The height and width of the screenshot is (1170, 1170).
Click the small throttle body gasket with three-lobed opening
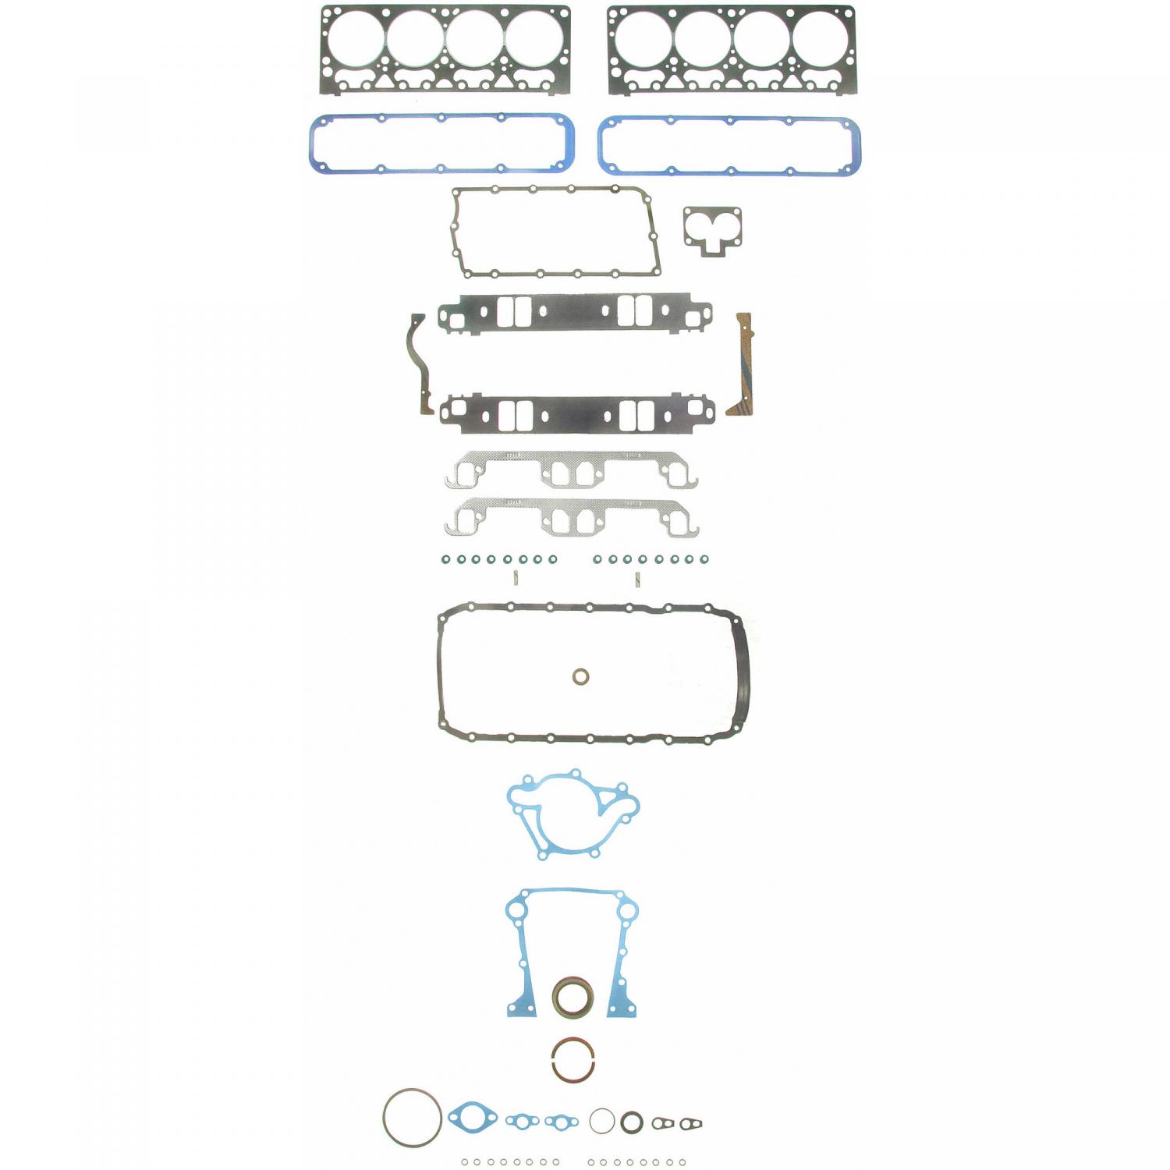(712, 222)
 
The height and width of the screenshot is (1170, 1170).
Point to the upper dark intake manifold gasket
(575, 312)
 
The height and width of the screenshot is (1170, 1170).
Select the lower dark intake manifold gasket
(576, 414)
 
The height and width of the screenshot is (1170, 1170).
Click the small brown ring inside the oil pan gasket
(580, 676)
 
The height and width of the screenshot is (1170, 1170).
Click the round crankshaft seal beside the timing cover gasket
(573, 997)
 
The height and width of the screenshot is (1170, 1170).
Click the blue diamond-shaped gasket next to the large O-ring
(472, 1118)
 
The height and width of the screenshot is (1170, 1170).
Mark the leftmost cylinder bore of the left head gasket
(356, 38)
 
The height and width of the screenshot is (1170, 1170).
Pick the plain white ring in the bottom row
(602, 1121)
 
